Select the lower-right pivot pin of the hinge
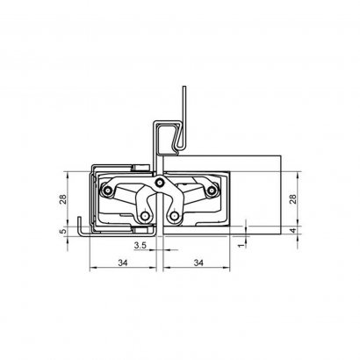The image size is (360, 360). (x=175, y=216)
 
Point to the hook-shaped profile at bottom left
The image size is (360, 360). (x=81, y=226)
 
